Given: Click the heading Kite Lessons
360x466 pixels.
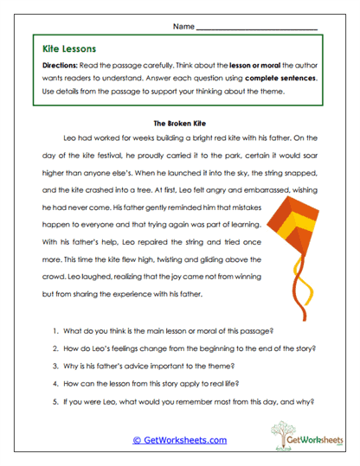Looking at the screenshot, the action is click(68, 49).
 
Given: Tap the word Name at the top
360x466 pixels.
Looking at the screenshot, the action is click(183, 27).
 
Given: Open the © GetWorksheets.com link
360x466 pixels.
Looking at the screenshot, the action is click(179, 439).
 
